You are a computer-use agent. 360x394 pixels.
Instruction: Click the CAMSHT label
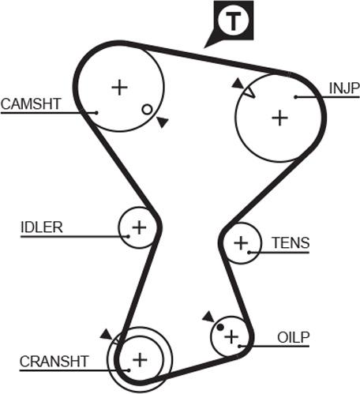[x=31, y=103]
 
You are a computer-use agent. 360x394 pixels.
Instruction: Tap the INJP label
[x=344, y=88]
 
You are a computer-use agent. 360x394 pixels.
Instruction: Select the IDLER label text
[x=42, y=227]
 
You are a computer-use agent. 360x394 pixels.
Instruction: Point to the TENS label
[x=291, y=242]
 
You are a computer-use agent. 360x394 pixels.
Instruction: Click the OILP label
[x=293, y=337]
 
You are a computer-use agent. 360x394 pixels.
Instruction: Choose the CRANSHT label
[x=54, y=362]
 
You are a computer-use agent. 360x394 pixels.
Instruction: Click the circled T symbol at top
[x=233, y=21]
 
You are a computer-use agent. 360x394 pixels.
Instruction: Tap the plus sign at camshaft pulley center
[x=120, y=88]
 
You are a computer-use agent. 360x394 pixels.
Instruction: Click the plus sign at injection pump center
[x=279, y=118]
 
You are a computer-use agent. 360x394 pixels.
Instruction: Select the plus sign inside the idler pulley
[x=139, y=227]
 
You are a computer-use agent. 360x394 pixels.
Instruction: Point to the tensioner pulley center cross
[x=241, y=242]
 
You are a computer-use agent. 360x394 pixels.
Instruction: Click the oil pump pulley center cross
[x=231, y=336]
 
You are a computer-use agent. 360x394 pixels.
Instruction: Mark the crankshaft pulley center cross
[x=140, y=360]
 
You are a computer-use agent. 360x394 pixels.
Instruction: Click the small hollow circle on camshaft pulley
[x=147, y=110]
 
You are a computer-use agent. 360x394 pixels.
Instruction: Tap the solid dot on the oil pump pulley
[x=220, y=327]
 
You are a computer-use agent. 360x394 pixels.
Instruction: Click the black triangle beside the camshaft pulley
[x=162, y=122]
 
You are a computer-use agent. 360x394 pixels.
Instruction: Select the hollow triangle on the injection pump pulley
[x=249, y=92]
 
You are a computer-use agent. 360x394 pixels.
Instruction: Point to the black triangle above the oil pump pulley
[x=208, y=317]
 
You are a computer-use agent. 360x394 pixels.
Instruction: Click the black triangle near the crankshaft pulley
[x=107, y=334]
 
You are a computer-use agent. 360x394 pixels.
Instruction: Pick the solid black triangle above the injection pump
[x=238, y=83]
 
